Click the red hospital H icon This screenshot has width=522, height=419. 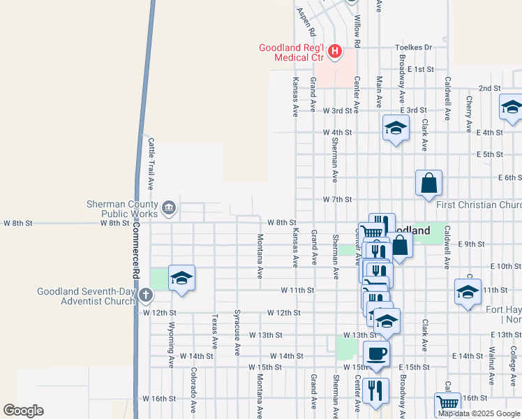click(x=335, y=51)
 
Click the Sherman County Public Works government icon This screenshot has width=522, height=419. click(x=169, y=207)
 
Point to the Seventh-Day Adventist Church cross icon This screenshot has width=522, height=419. click(x=145, y=295)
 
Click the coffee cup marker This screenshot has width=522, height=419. click(x=376, y=353)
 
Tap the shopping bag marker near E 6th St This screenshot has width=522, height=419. click(x=428, y=183)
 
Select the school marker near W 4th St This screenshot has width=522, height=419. click(x=395, y=128)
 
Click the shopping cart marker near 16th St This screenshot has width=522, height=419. click(x=447, y=404)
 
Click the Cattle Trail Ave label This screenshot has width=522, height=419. click(x=150, y=163)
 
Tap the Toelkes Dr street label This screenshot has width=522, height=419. click(x=413, y=47)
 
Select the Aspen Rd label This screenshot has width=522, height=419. click(x=301, y=22)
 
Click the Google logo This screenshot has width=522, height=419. click(x=23, y=411)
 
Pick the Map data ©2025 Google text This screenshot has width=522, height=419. click(x=479, y=413)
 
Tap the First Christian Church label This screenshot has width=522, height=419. click(x=479, y=205)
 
